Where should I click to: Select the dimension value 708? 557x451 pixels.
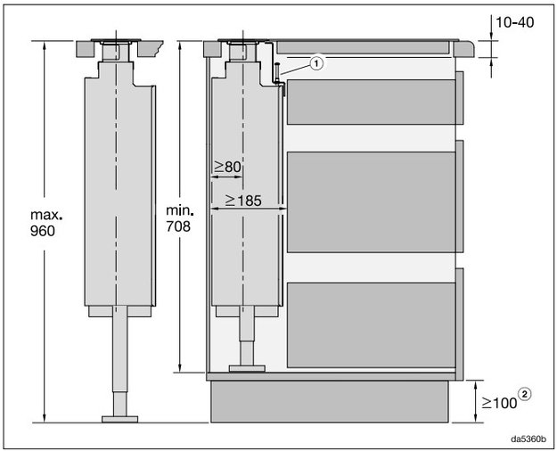click(187, 225)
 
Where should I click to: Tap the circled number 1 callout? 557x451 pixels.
click(317, 61)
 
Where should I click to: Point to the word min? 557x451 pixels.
click(187, 210)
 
